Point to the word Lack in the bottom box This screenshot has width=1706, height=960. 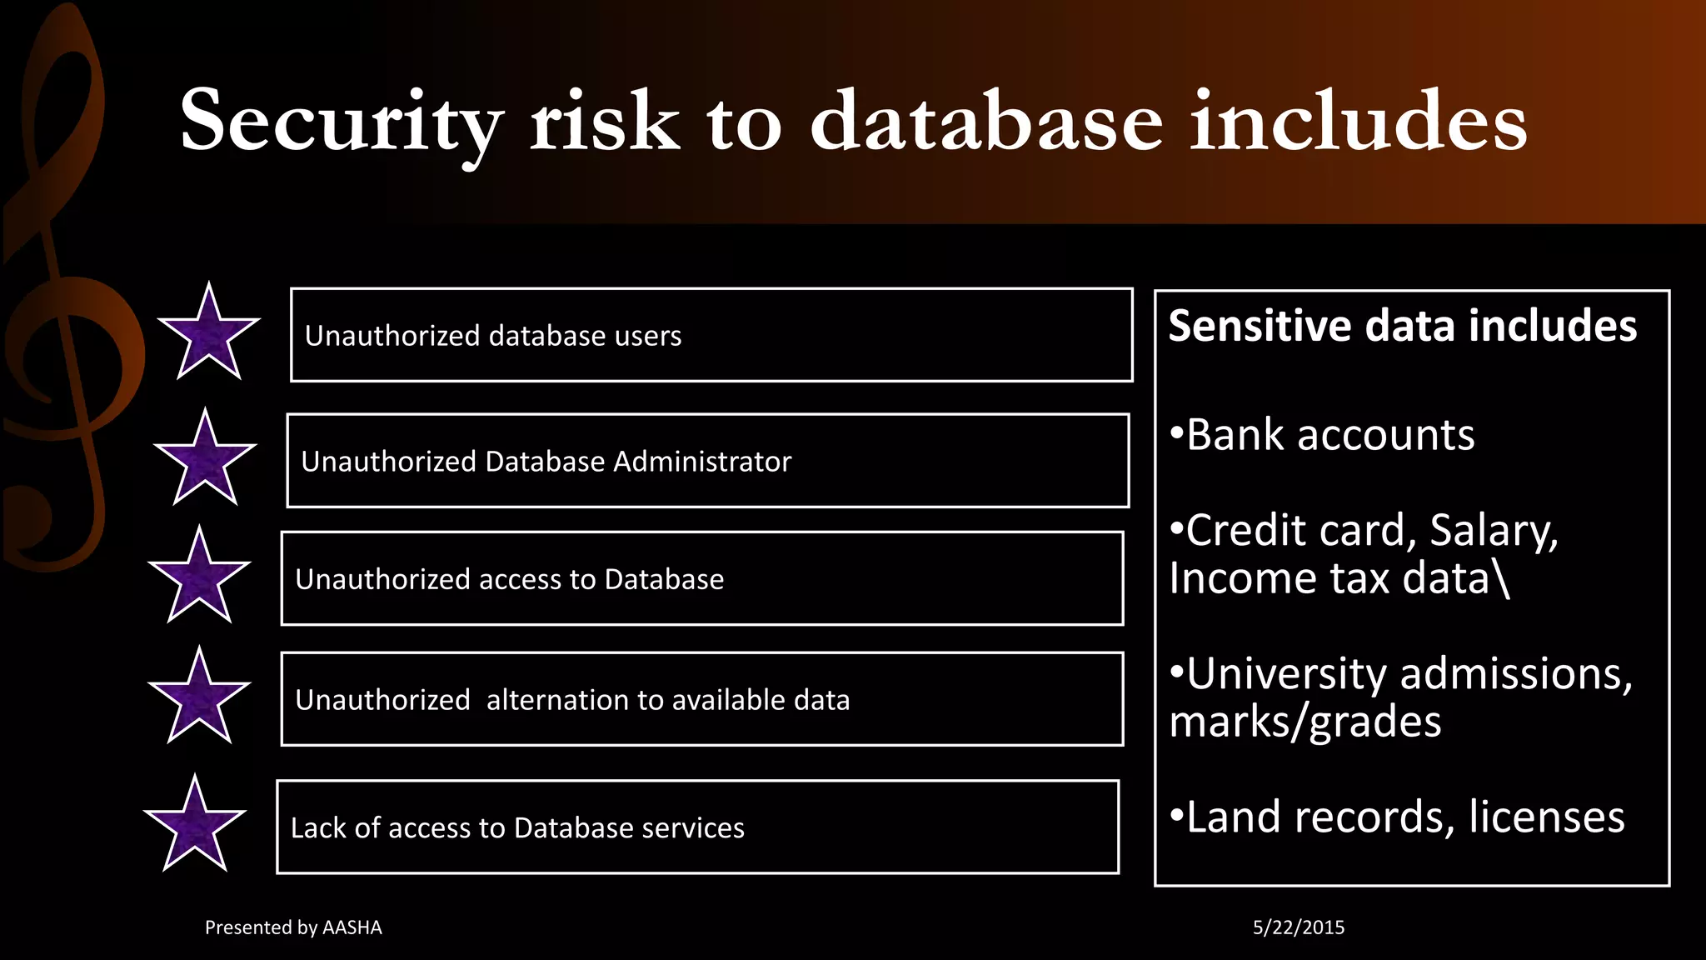(x=317, y=827)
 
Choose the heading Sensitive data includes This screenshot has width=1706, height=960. (x=1403, y=326)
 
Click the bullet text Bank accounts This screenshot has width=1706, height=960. (x=1329, y=435)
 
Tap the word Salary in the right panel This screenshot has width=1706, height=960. (x=1494, y=531)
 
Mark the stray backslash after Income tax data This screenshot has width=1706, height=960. (x=1502, y=578)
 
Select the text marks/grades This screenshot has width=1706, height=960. (x=1305, y=722)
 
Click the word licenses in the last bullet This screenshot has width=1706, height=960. (x=1547, y=817)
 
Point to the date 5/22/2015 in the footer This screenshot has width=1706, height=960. (x=1299, y=927)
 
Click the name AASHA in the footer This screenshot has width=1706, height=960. (x=352, y=927)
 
